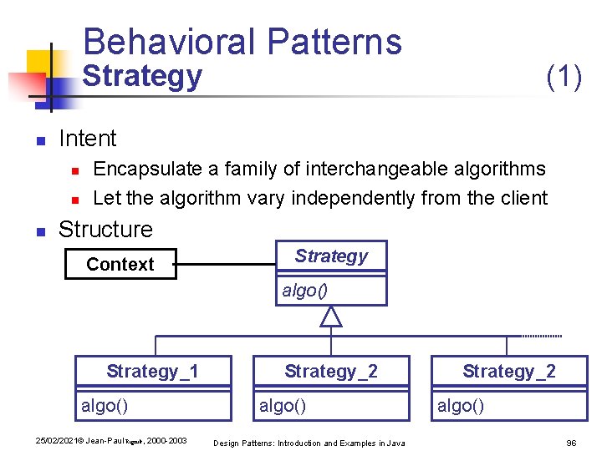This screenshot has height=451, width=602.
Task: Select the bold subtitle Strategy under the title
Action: click(143, 77)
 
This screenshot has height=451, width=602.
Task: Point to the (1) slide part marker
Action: click(564, 77)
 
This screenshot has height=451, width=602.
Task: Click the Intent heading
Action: click(88, 139)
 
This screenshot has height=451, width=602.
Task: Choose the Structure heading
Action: click(105, 229)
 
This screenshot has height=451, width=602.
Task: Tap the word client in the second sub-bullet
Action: click(523, 199)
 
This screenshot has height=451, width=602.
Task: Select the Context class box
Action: click(120, 265)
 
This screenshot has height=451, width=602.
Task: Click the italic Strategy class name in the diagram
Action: click(331, 256)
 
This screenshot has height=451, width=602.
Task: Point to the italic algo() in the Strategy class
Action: click(304, 291)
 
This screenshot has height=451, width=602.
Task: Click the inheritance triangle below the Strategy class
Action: click(331, 316)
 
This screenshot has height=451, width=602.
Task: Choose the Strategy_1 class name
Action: click(152, 372)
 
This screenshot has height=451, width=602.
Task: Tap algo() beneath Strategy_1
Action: click(105, 406)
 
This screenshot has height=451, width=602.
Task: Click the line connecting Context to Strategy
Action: click(226, 266)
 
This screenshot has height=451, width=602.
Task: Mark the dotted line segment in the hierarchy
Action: click(541, 336)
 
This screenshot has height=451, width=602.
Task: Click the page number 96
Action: click(572, 443)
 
